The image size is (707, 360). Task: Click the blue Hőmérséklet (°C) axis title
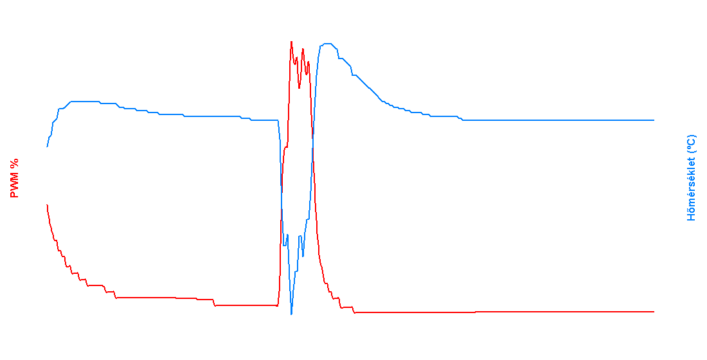[692, 178]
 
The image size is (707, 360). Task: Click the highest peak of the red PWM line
[291, 41]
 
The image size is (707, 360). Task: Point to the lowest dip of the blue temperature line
[292, 314]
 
